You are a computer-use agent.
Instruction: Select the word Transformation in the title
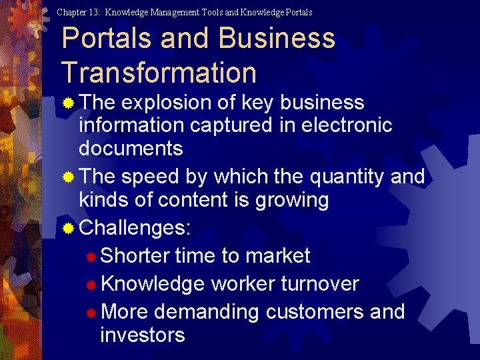159,72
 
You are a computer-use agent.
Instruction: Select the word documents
131,148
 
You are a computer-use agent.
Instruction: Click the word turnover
320,284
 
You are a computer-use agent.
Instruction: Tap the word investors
142,335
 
